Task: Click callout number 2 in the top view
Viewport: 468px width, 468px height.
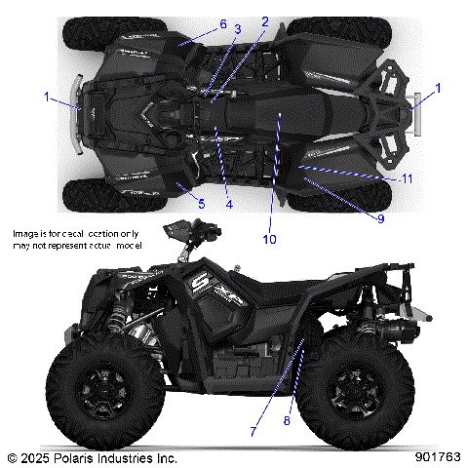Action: click(x=264, y=20)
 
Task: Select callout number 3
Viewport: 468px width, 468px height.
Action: click(x=237, y=30)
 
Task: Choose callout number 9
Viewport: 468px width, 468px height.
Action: click(x=380, y=219)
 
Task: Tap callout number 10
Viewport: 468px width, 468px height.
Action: click(x=270, y=239)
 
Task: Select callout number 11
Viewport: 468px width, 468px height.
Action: click(x=408, y=180)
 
